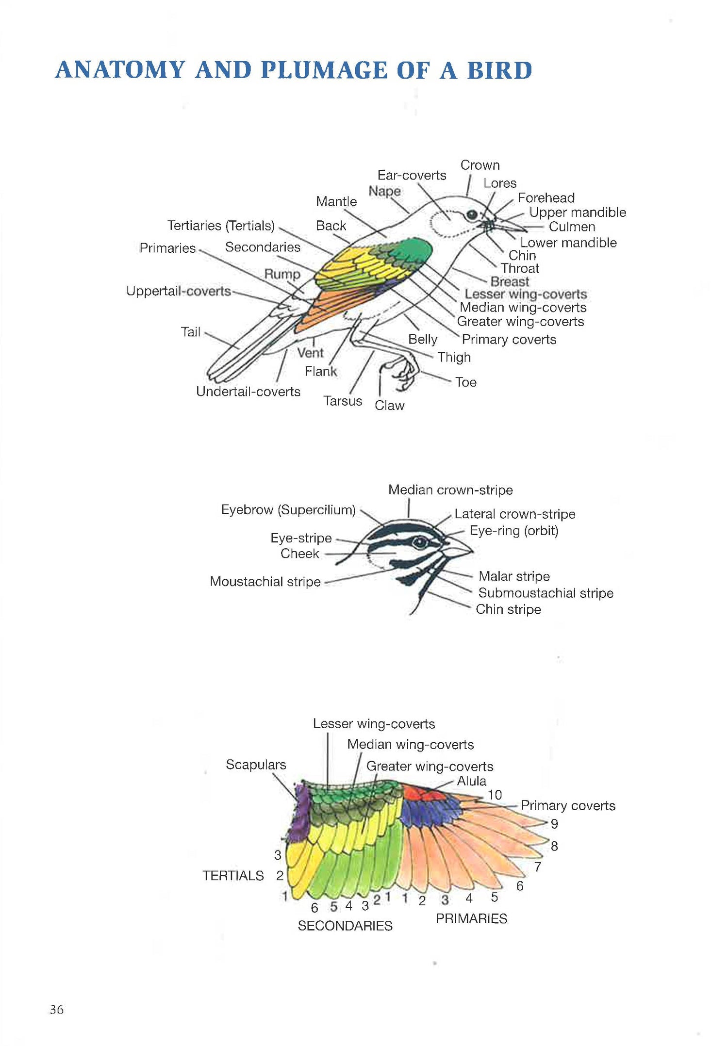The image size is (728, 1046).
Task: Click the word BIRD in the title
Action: tap(499, 70)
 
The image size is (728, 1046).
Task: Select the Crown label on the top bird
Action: tap(480, 165)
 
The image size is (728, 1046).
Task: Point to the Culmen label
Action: tap(572, 227)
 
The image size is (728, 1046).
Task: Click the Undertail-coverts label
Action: tap(248, 392)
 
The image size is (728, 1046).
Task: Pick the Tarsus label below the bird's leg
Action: tap(343, 401)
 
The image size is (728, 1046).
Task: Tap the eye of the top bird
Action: tap(472, 215)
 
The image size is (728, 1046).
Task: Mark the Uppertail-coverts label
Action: tap(179, 291)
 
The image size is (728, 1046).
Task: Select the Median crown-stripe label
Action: tap(450, 490)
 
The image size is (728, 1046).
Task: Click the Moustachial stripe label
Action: tap(265, 581)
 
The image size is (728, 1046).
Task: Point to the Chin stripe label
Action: tap(508, 609)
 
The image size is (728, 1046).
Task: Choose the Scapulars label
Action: tap(256, 765)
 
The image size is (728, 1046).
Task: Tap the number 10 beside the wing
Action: tap(495, 795)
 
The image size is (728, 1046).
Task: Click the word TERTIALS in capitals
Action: tap(233, 876)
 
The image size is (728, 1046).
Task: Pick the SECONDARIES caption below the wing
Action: tap(345, 926)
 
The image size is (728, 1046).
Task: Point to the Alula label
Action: tap(471, 781)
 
